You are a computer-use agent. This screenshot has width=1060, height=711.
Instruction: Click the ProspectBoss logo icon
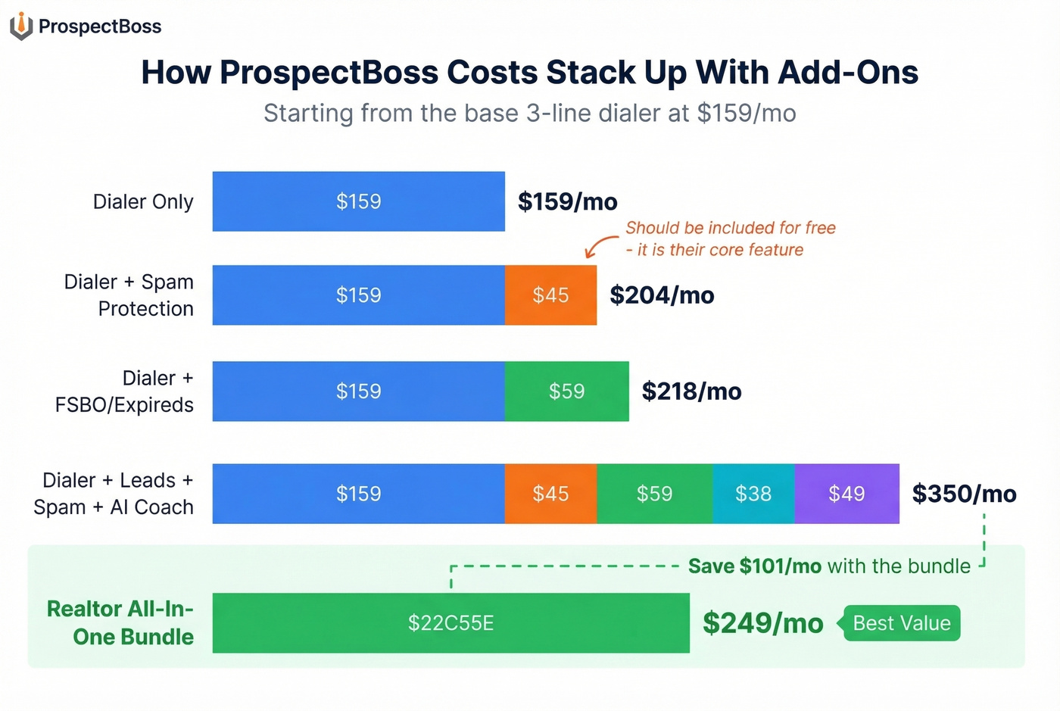pyautogui.click(x=21, y=26)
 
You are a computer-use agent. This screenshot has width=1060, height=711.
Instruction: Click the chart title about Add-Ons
pyautogui.click(x=529, y=73)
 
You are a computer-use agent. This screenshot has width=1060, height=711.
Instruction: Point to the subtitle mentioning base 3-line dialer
pyautogui.click(x=529, y=114)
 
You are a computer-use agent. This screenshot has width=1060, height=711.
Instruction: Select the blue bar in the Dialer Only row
pyautogui.click(x=358, y=201)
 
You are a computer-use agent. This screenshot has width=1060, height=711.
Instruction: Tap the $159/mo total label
pyautogui.click(x=567, y=201)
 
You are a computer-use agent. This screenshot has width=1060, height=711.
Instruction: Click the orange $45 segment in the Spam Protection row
pyautogui.click(x=550, y=295)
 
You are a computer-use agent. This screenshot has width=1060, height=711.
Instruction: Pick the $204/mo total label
pyautogui.click(x=662, y=295)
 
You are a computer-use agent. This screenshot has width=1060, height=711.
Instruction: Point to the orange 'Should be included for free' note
pyautogui.click(x=729, y=239)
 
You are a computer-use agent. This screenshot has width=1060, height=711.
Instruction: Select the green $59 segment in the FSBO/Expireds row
pyautogui.click(x=566, y=391)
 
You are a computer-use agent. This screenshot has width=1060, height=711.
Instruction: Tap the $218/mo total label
pyautogui.click(x=691, y=391)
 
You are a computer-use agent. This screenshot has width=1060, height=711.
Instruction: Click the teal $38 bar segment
pyautogui.click(x=753, y=494)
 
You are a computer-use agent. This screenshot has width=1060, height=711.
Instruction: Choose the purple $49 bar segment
pyautogui.click(x=846, y=494)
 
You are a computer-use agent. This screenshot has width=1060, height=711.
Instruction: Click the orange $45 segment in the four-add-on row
pyautogui.click(x=550, y=494)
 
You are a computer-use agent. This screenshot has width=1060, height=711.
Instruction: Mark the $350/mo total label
pyautogui.click(x=964, y=494)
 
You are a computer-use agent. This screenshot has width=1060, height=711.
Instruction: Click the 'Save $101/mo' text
pyautogui.click(x=754, y=566)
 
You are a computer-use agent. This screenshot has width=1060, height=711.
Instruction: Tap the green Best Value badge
pyautogui.click(x=901, y=623)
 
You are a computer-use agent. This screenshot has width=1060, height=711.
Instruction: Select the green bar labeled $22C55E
pyautogui.click(x=450, y=623)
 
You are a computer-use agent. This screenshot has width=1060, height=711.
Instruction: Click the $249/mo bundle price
pyautogui.click(x=762, y=623)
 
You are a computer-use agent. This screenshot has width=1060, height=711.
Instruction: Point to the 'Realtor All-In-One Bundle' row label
pyautogui.click(x=120, y=622)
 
